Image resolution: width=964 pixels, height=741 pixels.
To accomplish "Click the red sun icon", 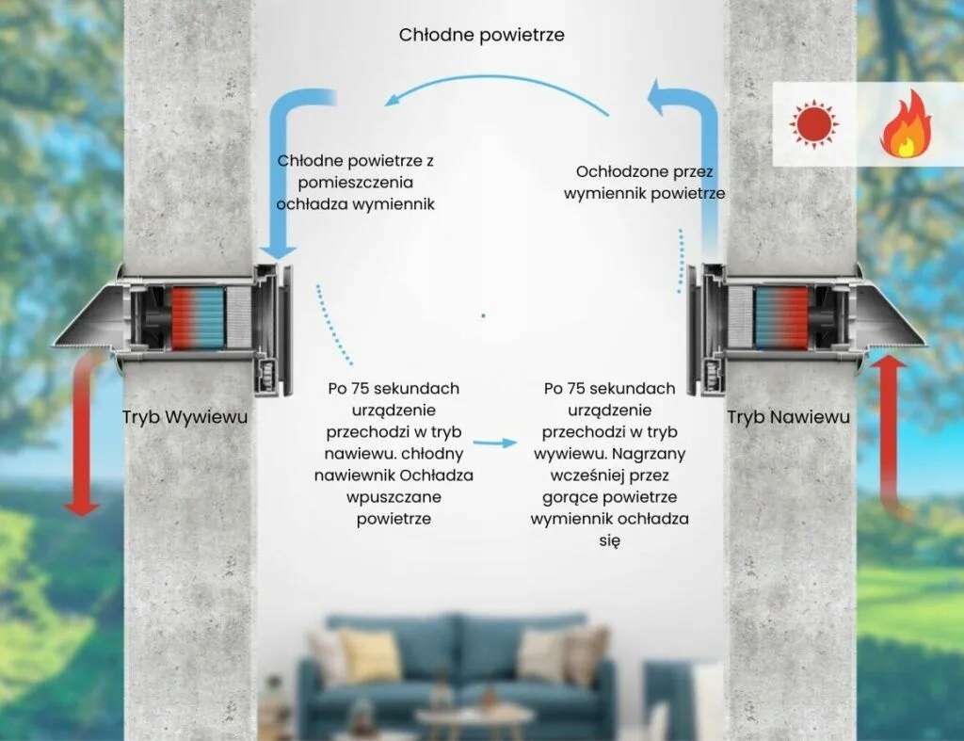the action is point(814,124).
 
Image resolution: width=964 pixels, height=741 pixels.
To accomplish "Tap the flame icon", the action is point(906,124).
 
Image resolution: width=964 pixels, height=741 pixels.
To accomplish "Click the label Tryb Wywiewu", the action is point(185,416).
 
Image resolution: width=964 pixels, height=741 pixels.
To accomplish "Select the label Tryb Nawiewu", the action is point(788,416).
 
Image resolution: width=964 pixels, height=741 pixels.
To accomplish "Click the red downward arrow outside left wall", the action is point(84,433).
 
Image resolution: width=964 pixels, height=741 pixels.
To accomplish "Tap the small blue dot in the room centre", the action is point(483,315).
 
